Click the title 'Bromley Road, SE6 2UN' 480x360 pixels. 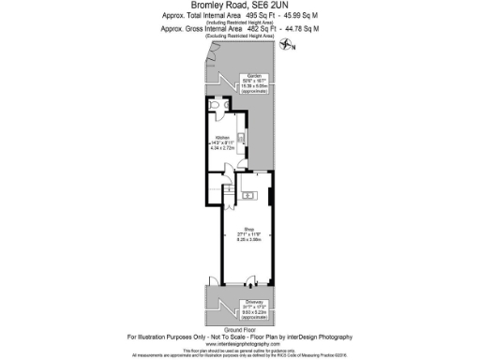pyautogui.click(x=240, y=7)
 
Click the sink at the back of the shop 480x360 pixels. pyautogui.click(x=250, y=195)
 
